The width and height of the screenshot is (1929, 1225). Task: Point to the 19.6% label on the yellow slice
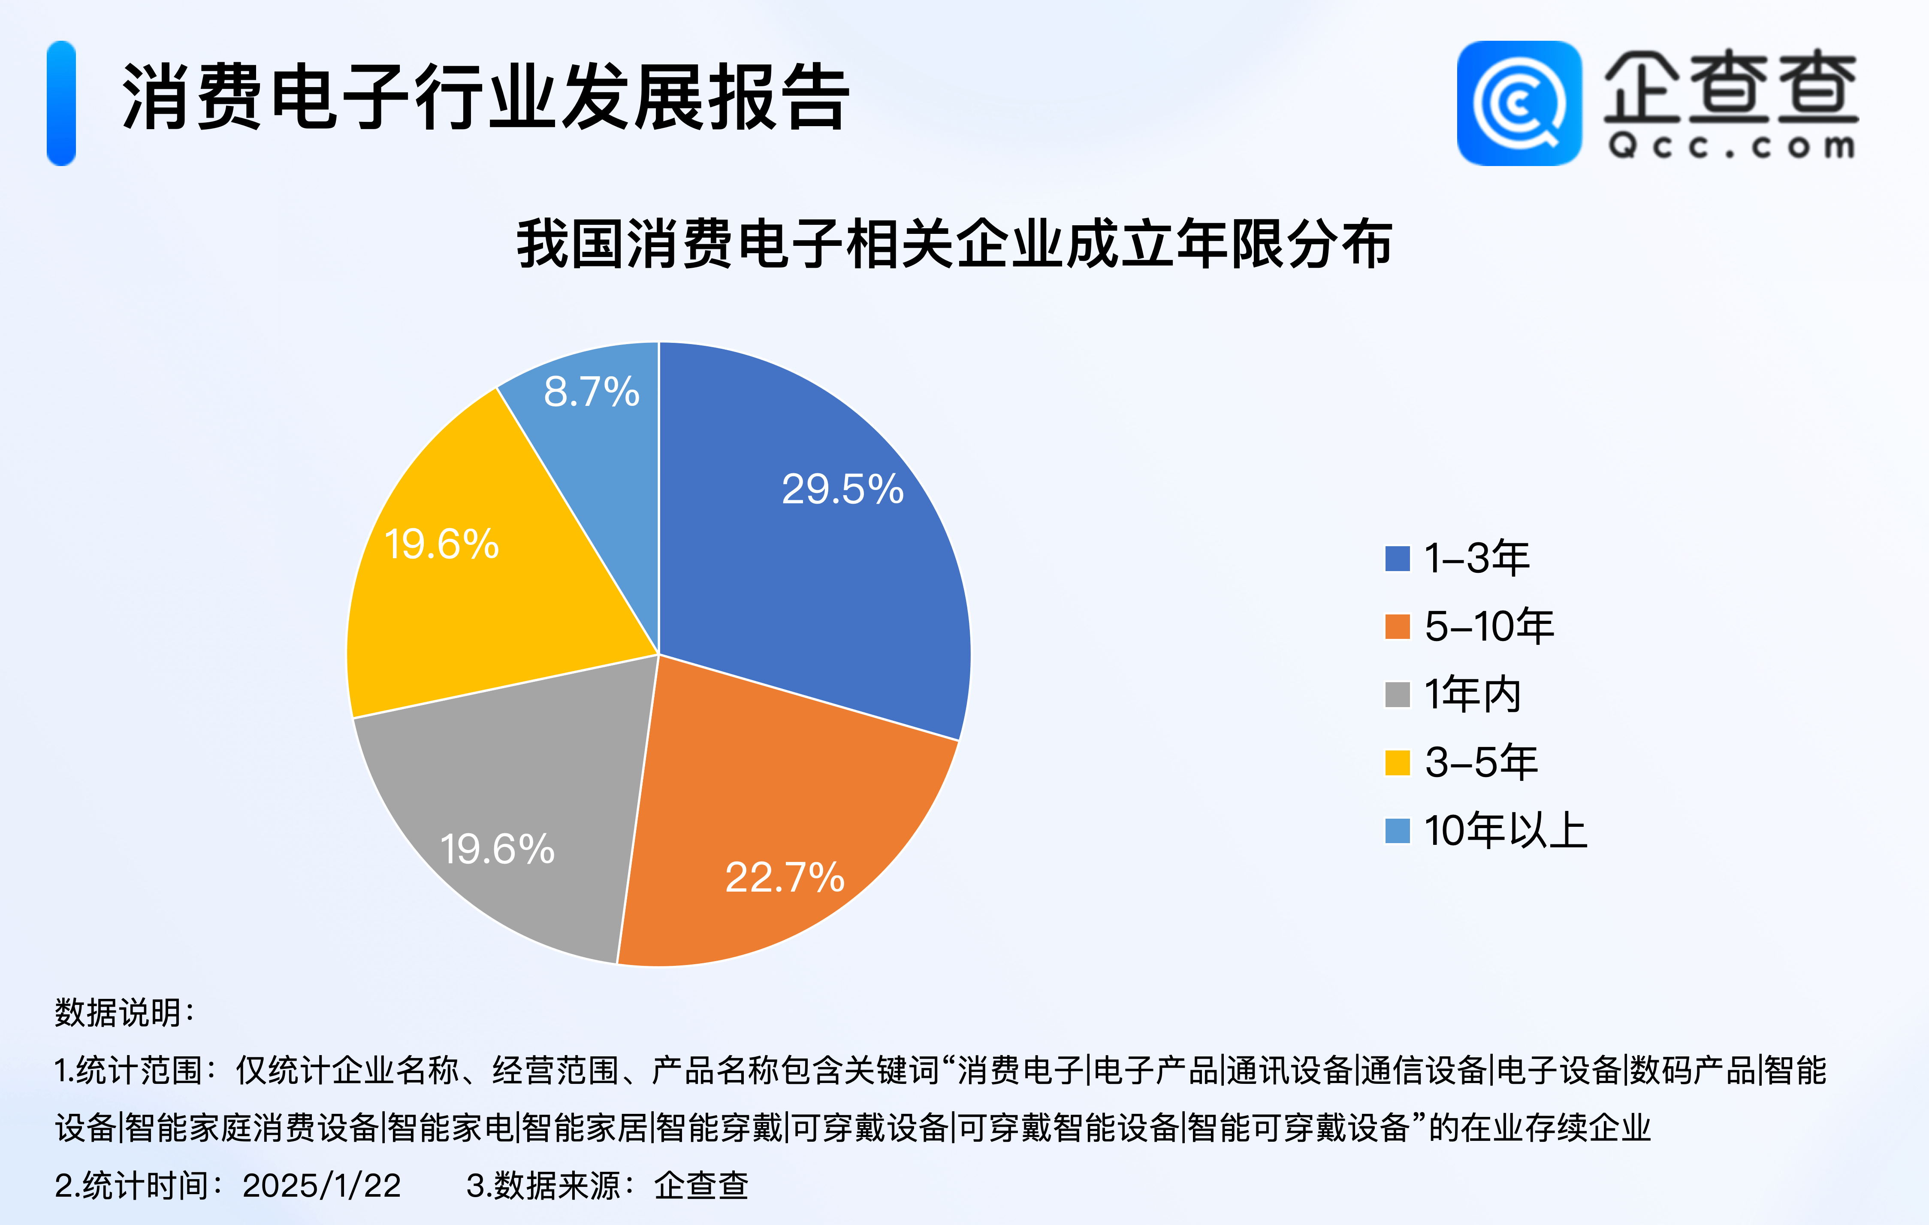point(441,544)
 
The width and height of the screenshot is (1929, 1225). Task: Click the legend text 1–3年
point(1476,558)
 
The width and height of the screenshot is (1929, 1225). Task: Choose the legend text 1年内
point(1473,694)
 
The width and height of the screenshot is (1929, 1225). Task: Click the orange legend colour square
point(1397,626)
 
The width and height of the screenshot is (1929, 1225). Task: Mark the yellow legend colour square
point(1397,763)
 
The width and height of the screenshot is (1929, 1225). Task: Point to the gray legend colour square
point(1397,695)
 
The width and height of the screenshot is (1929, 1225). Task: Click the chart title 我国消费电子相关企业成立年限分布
point(954,244)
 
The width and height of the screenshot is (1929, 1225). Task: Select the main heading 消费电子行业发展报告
point(486,96)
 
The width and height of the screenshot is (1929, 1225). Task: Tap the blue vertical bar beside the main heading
point(62,103)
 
